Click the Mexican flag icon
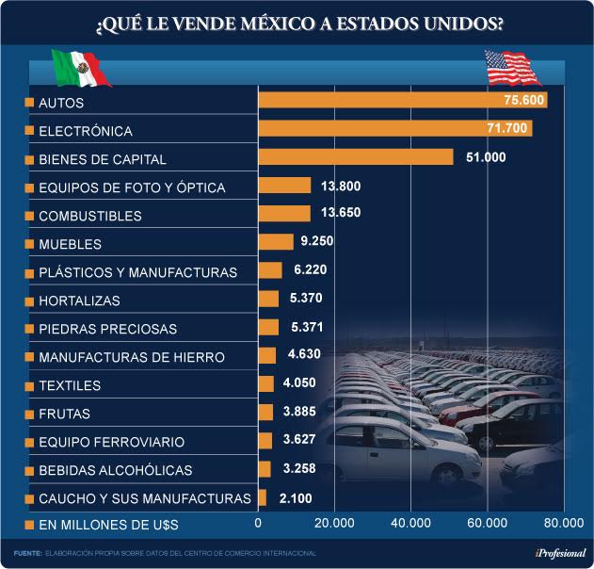(80, 68)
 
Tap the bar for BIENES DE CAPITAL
(355, 156)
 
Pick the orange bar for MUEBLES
(276, 242)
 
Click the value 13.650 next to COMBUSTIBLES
(341, 213)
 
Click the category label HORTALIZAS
(80, 301)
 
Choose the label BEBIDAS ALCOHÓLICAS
(115, 470)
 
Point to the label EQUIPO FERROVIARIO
(111, 442)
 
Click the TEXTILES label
(70, 385)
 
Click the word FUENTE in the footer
(27, 553)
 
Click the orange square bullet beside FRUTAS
(29, 414)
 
